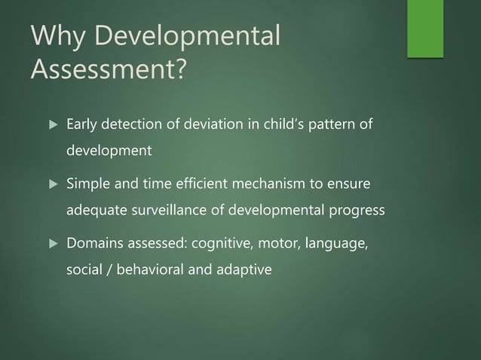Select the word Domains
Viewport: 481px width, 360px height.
tap(93, 244)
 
